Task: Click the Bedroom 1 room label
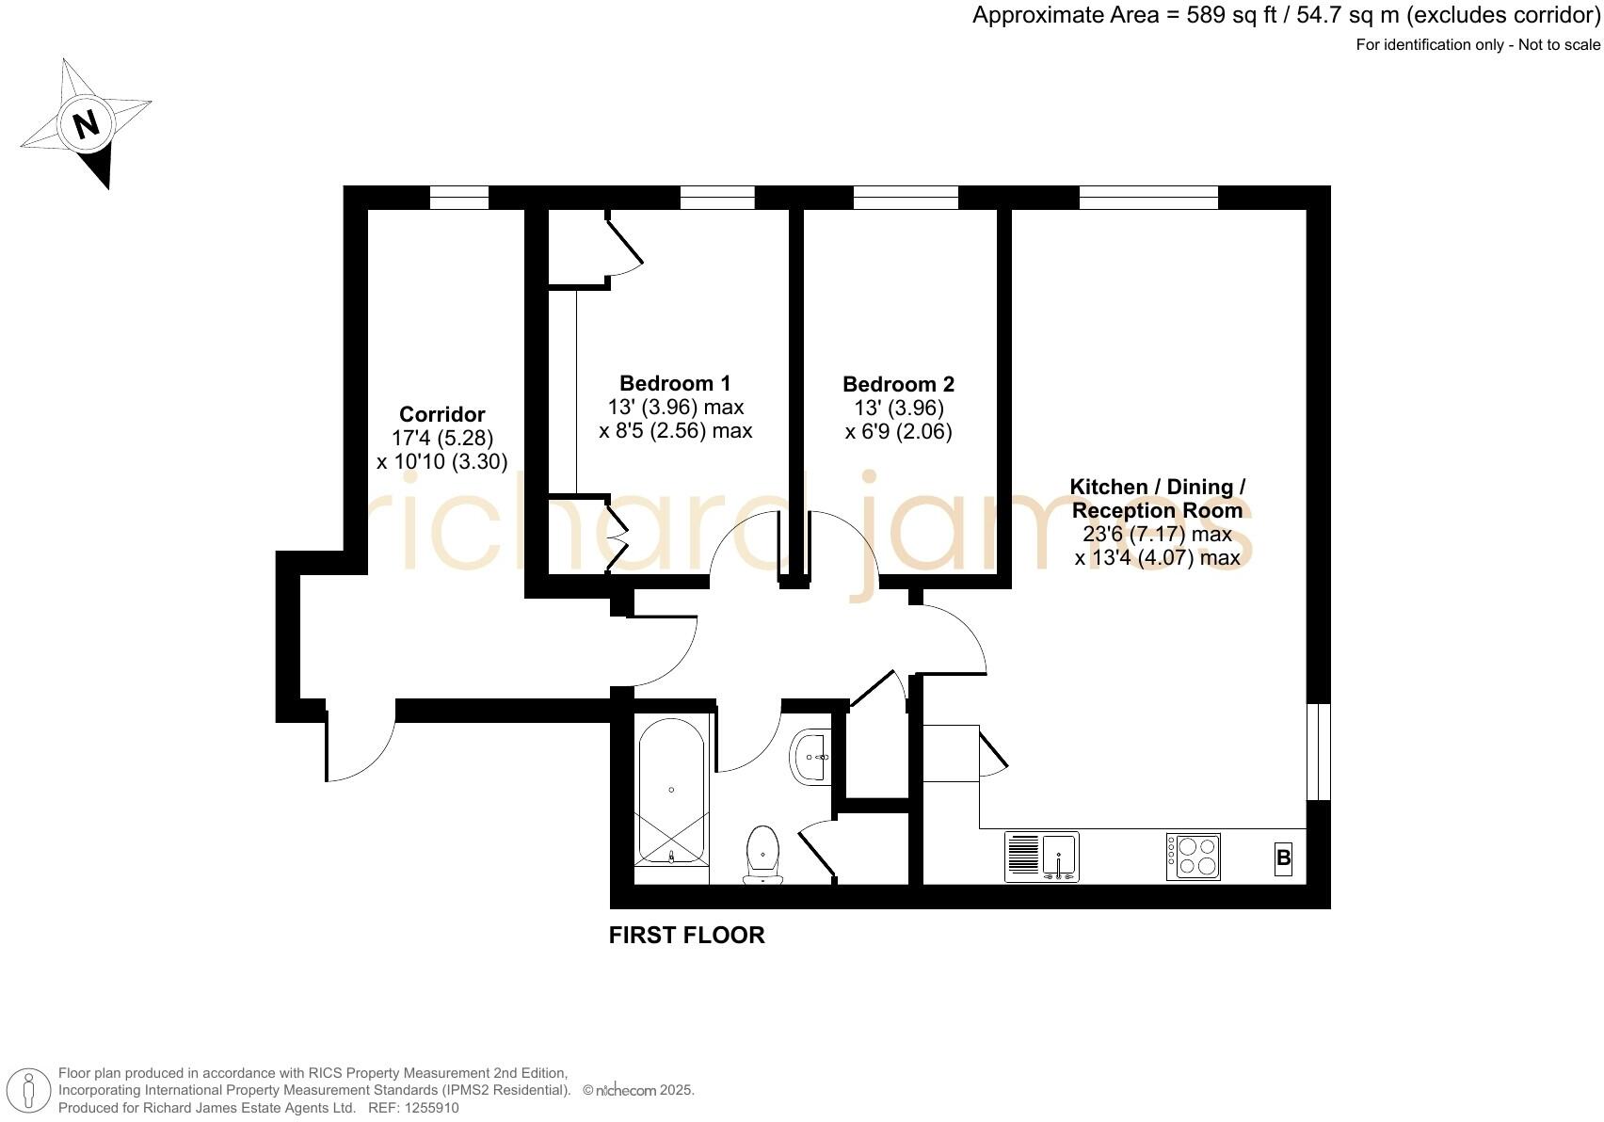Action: pyautogui.click(x=675, y=383)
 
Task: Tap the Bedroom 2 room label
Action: pyautogui.click(x=898, y=384)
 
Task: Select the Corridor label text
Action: pyautogui.click(x=442, y=414)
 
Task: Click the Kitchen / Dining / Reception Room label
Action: pyautogui.click(x=1158, y=499)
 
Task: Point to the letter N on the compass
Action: pyautogui.click(x=87, y=123)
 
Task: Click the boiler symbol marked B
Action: pyautogui.click(x=1282, y=858)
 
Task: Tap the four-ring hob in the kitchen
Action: pyautogui.click(x=1194, y=857)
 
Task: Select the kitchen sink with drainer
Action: pyautogui.click(x=1041, y=857)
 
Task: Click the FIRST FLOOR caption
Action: pyautogui.click(x=686, y=936)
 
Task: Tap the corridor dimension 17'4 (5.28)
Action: pyautogui.click(x=442, y=438)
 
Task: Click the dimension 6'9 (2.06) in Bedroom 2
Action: pyautogui.click(x=898, y=432)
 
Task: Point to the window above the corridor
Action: pyautogui.click(x=459, y=197)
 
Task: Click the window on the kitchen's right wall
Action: pyautogui.click(x=1319, y=751)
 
